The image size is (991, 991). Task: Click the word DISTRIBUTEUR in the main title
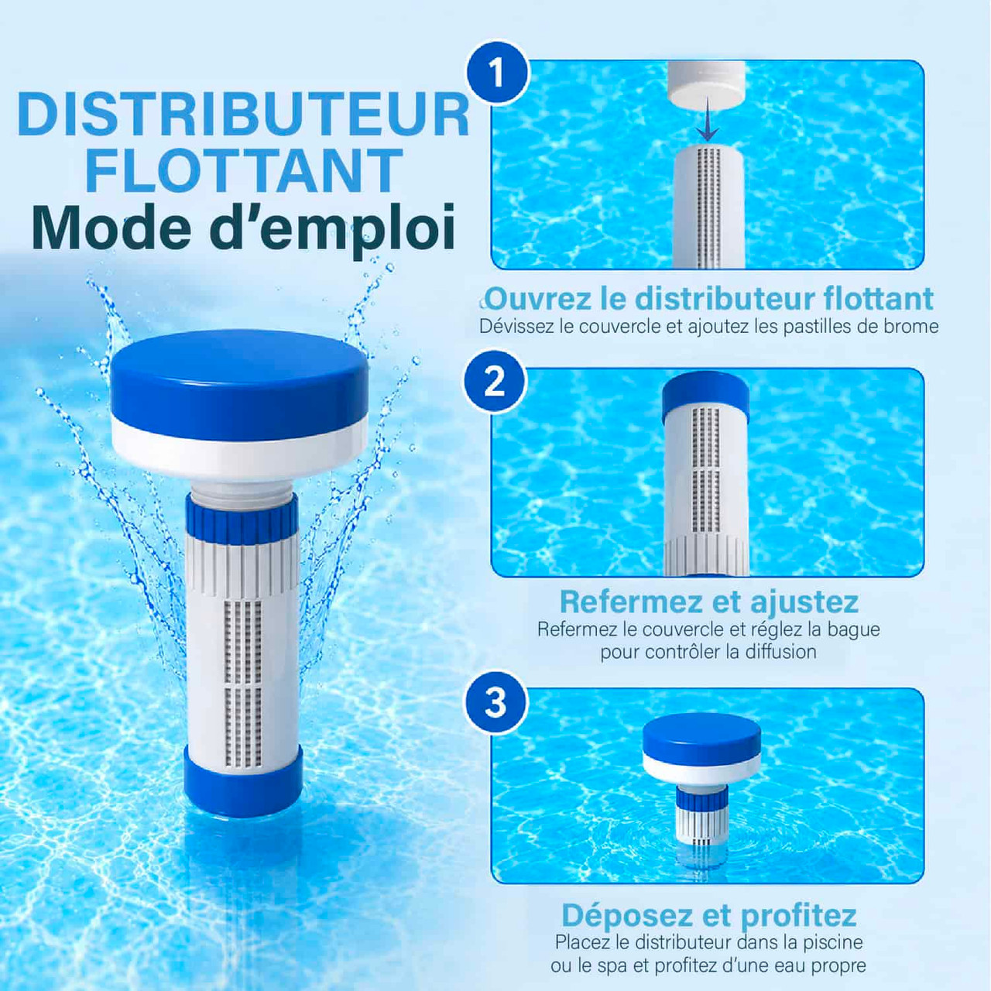point(243,115)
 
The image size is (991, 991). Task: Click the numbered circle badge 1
point(497,73)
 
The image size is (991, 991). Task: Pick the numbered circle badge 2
point(495,382)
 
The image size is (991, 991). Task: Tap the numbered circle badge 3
point(495,702)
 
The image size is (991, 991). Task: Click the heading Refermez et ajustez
point(709,602)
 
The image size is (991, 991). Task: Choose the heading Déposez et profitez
point(709,914)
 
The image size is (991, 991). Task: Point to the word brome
point(910,327)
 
